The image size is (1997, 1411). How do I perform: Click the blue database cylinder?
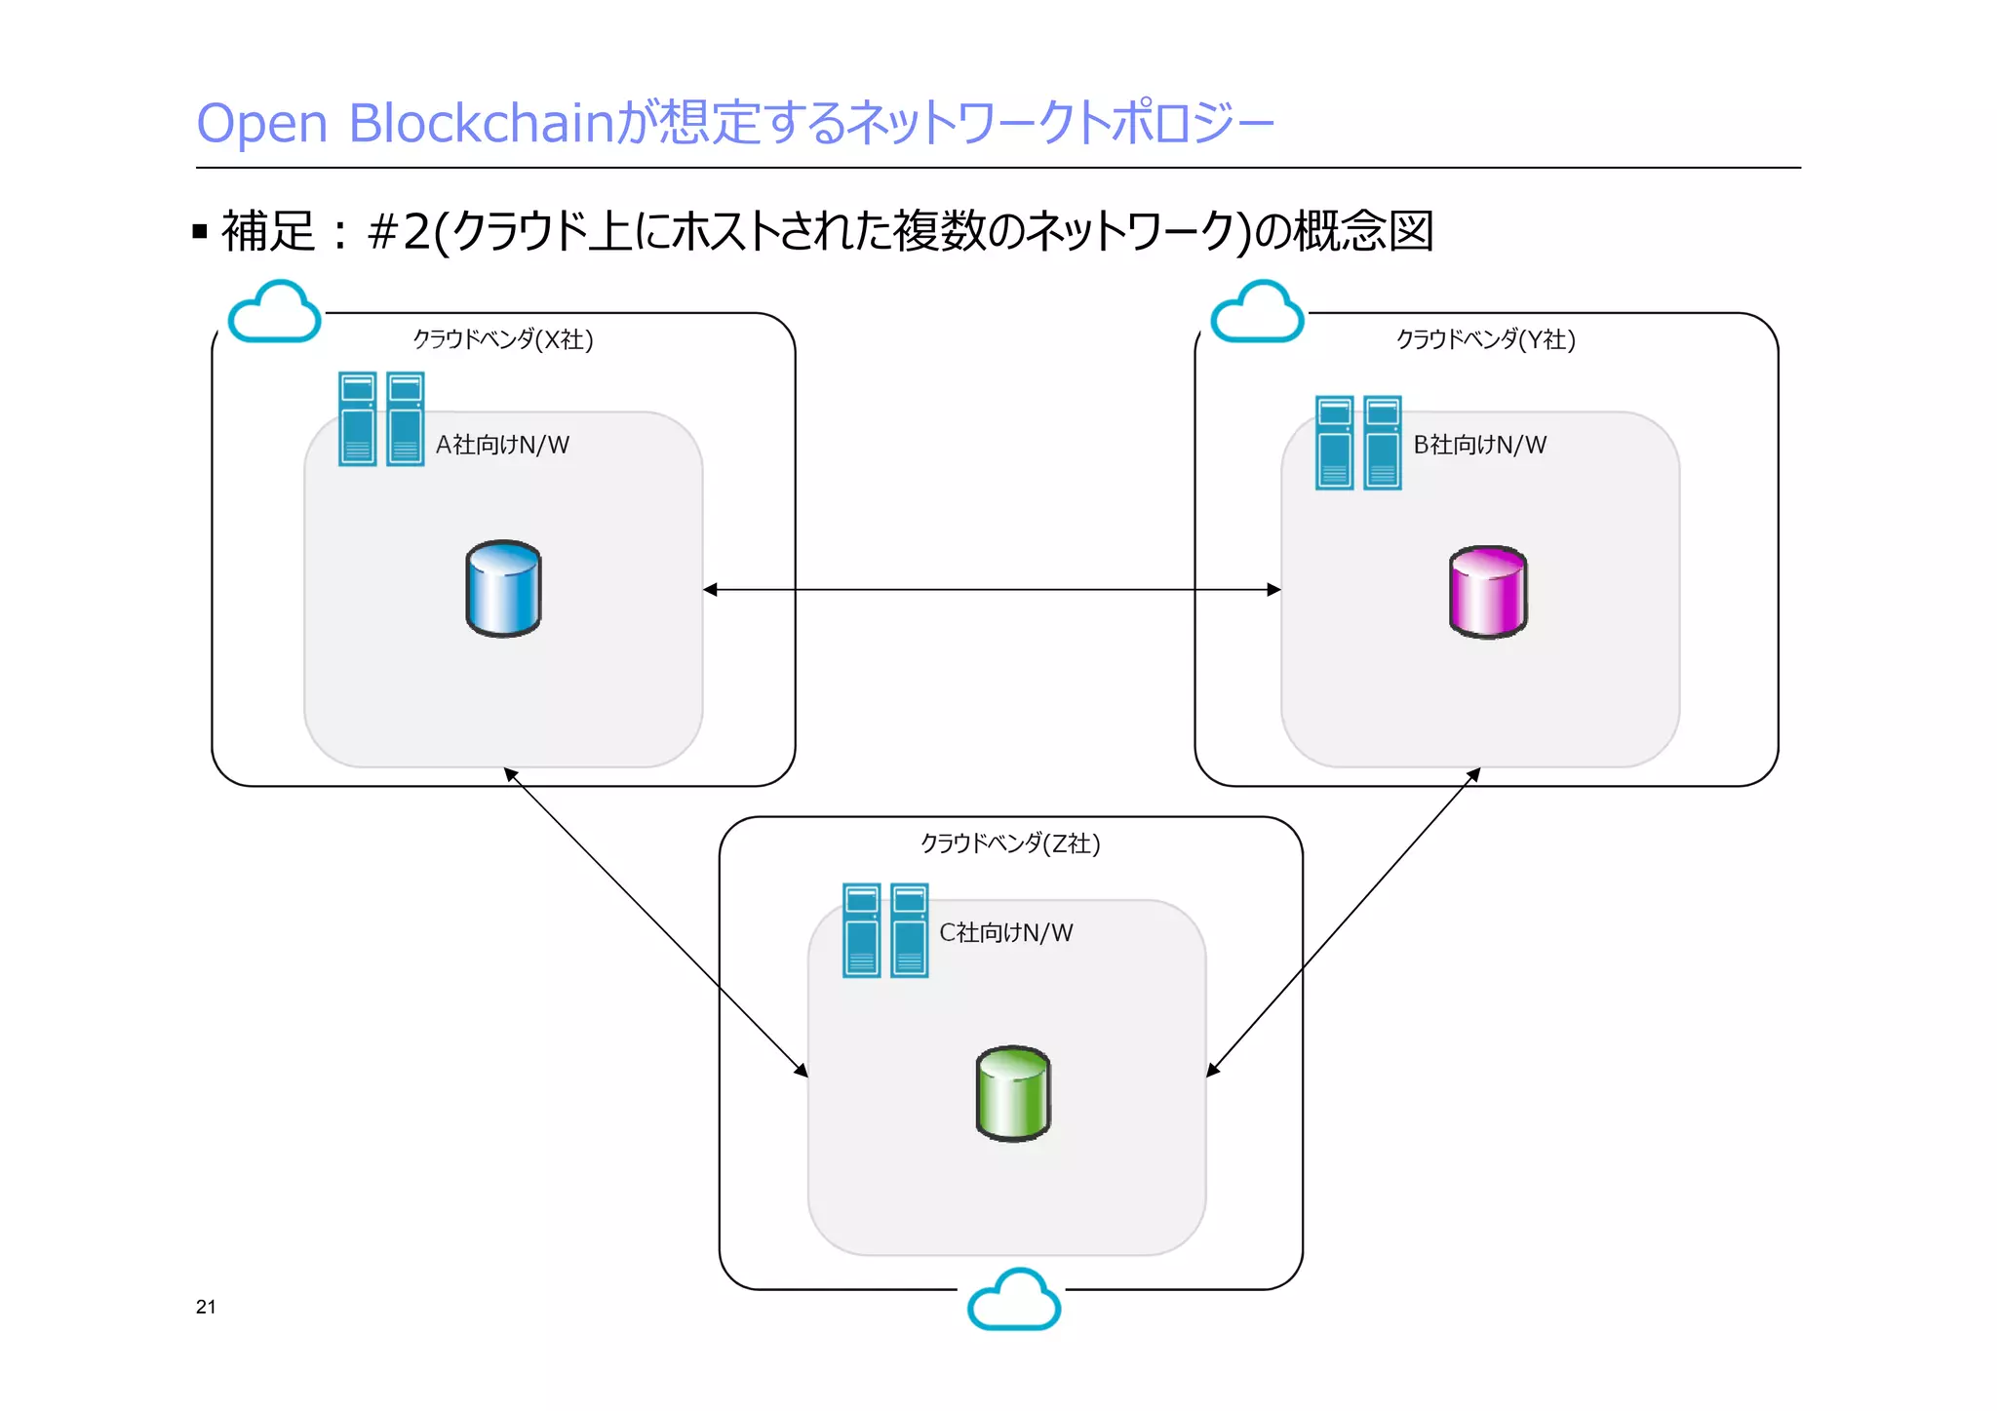(x=503, y=589)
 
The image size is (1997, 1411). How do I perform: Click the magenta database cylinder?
(x=1488, y=592)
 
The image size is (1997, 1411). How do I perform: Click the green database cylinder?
(x=1013, y=1093)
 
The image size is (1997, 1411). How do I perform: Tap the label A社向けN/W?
(x=502, y=445)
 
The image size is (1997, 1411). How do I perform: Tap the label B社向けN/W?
(x=1479, y=445)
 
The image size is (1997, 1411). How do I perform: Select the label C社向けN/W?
(x=1005, y=932)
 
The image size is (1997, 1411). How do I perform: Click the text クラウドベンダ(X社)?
(x=502, y=339)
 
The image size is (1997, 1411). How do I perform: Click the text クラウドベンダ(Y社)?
(x=1485, y=339)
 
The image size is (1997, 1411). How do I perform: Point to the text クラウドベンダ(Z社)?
(x=1010, y=843)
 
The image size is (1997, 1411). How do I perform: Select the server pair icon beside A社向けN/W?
(x=381, y=418)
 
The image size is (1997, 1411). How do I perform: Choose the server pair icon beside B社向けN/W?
(x=1358, y=443)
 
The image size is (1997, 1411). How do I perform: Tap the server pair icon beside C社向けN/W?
(x=885, y=930)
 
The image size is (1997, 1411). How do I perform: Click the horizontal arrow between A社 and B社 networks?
(x=992, y=589)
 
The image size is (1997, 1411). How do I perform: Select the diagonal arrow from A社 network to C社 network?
(x=655, y=922)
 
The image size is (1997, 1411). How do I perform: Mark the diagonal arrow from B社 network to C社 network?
(x=1344, y=922)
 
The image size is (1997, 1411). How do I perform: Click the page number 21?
(x=206, y=1307)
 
